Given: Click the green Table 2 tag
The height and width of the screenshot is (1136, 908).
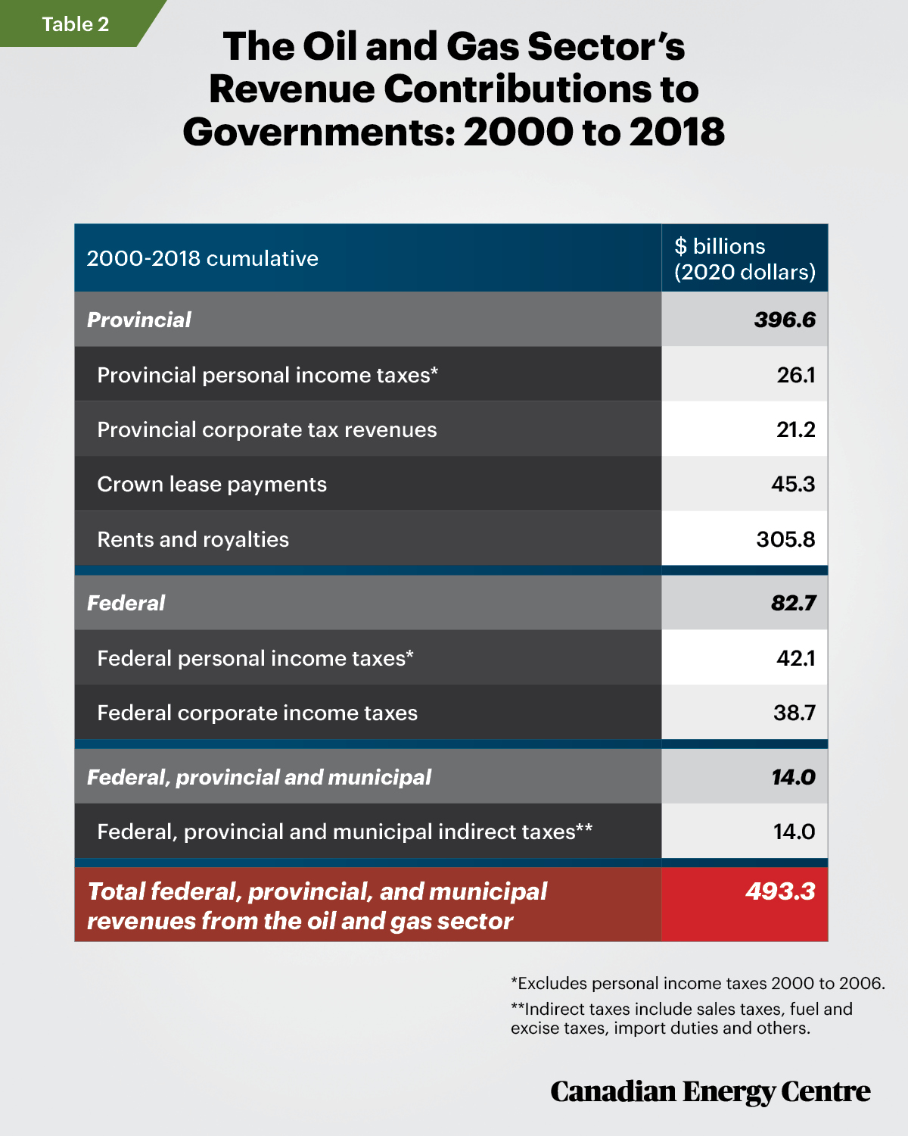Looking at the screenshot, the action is (75, 23).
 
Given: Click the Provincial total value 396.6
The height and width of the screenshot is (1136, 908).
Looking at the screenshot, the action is (785, 320).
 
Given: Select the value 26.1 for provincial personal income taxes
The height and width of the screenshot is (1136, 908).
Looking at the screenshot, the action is (795, 376).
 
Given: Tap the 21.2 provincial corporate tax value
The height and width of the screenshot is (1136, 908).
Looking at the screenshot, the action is (795, 429).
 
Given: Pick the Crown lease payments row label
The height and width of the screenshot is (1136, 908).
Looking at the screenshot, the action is (212, 485).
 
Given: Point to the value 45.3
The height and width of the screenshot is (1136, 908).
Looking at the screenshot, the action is (793, 484).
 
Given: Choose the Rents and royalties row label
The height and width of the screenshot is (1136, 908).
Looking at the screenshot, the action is (193, 539).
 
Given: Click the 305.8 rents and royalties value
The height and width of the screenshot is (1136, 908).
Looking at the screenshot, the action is (785, 539).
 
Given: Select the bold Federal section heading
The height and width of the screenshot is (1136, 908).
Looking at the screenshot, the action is (126, 603).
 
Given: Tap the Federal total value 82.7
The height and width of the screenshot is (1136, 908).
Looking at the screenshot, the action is (793, 603).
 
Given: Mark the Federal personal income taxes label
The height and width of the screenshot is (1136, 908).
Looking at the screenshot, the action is (255, 658).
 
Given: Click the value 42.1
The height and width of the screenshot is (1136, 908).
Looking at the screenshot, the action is (795, 658).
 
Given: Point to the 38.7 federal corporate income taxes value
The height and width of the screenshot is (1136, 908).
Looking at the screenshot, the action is (794, 713).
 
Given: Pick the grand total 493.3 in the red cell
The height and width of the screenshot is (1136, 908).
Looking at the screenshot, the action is (780, 891).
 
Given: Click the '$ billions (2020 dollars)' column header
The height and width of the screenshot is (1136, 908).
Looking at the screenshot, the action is (745, 259).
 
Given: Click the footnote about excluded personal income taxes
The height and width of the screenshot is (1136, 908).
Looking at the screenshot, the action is (698, 984).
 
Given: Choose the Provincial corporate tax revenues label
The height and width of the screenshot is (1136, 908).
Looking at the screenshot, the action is (267, 430).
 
